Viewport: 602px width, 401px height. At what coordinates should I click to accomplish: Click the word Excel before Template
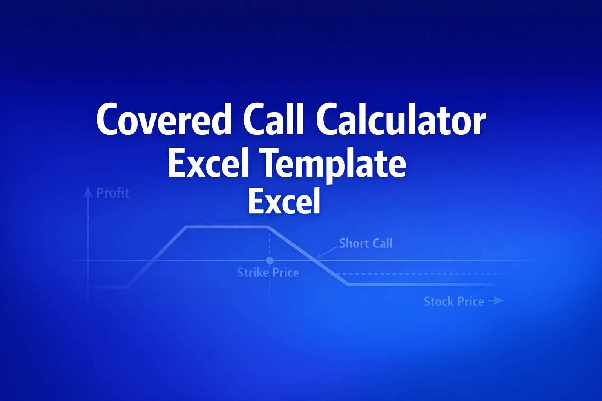208,163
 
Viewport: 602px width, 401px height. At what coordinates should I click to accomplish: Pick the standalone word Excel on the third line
284,201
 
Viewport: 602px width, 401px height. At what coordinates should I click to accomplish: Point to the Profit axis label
113,193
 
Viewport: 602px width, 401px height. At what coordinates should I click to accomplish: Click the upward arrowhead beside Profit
88,191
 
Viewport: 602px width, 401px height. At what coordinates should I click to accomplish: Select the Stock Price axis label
454,302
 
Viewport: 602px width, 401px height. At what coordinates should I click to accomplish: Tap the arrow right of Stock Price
496,301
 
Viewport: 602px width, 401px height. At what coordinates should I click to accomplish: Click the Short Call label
365,244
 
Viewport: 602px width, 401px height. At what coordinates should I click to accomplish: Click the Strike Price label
268,273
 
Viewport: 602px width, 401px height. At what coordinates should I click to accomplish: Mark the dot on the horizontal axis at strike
270,260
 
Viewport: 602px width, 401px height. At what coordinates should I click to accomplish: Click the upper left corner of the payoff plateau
187,227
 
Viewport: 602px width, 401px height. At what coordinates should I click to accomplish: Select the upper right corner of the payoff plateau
268,227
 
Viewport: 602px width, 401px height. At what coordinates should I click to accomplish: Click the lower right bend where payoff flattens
348,284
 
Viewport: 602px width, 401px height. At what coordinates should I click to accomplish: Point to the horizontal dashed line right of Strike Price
423,274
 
